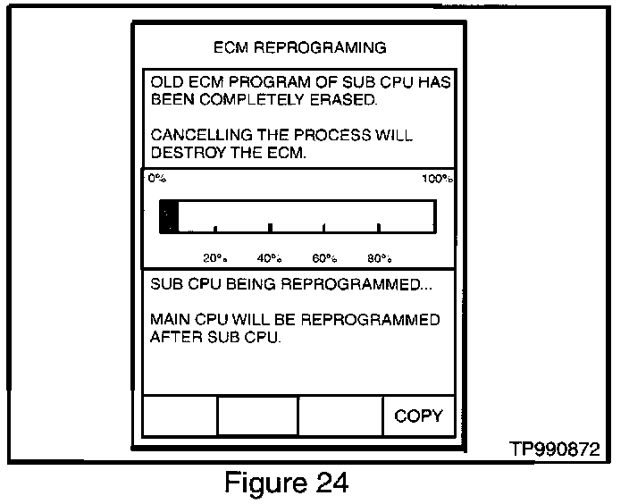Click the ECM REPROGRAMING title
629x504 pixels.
pyautogui.click(x=299, y=46)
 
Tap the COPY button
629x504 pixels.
pyautogui.click(x=418, y=416)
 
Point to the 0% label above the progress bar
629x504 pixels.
pyautogui.click(x=157, y=179)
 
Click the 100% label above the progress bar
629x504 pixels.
pyautogui.click(x=438, y=179)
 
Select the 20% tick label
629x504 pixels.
pyautogui.click(x=214, y=258)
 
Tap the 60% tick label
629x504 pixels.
pyautogui.click(x=324, y=258)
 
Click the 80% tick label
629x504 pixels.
pyautogui.click(x=379, y=258)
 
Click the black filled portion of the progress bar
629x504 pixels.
pyautogui.click(x=168, y=216)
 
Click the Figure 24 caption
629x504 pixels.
pyautogui.click(x=285, y=483)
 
